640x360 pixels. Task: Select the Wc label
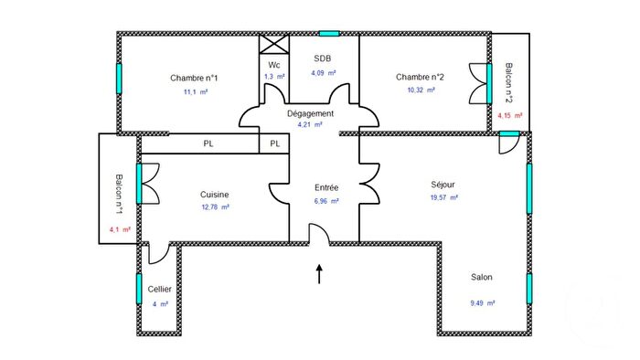(273, 65)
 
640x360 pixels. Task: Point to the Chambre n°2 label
(420, 78)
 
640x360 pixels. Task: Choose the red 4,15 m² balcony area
(509, 116)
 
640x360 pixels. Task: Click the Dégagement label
(310, 113)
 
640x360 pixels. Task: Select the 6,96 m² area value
(325, 201)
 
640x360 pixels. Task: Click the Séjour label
(443, 184)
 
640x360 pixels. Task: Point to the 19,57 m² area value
(444, 197)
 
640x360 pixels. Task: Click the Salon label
(482, 278)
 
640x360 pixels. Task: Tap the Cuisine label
(215, 194)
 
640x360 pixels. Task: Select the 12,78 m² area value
(216, 207)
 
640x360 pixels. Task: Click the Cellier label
(160, 289)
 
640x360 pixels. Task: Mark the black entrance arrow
(320, 273)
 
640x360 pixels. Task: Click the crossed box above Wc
(273, 45)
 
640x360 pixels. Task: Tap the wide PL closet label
(209, 143)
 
